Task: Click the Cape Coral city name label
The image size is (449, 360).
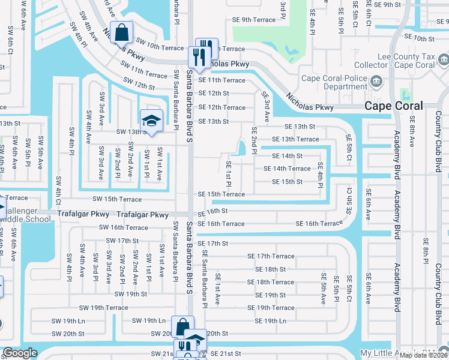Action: pos(394,106)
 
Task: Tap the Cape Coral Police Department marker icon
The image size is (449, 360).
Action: pos(376,81)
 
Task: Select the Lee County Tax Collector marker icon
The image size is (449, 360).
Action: pos(443,59)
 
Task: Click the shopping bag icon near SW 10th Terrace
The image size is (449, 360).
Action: pos(121,32)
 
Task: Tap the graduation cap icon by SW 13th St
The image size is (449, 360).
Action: pos(151,119)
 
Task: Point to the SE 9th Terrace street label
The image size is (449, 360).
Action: pos(254,20)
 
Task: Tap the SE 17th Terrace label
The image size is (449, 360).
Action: pos(271,256)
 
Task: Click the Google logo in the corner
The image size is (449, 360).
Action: pos(20,353)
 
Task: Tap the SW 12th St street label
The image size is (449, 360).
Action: pos(136,86)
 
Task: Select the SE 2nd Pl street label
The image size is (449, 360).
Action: pos(254,141)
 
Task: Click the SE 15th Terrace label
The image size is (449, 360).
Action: pos(221,194)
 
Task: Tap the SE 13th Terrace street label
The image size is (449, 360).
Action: pos(295,139)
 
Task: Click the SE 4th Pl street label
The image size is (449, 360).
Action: pos(320,175)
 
